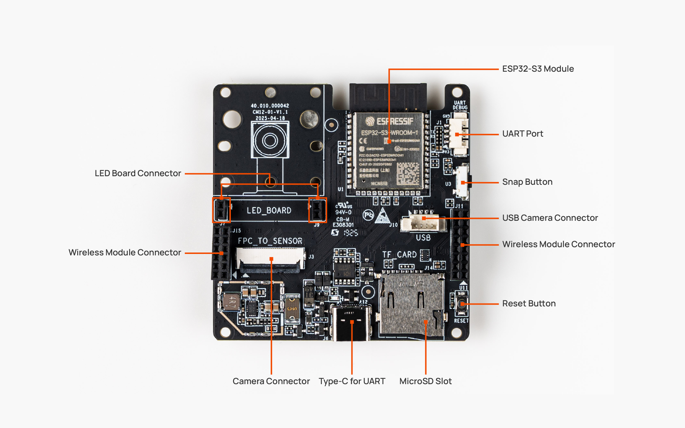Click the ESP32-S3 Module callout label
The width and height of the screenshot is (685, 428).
(538, 69)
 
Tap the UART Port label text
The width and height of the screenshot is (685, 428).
(522, 134)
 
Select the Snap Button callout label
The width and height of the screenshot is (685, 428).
(527, 182)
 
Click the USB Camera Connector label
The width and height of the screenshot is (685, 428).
(550, 218)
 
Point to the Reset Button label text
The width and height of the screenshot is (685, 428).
(529, 304)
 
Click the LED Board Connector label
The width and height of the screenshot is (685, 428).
(138, 173)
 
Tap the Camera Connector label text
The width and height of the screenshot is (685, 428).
(271, 381)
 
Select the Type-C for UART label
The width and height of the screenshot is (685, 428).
(352, 381)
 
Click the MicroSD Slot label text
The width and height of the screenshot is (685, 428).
(425, 381)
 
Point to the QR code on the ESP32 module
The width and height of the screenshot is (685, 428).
(408, 174)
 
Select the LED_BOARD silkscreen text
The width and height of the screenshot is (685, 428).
(269, 210)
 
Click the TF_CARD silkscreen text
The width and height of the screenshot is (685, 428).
(399, 255)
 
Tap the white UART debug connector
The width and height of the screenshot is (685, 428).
(460, 134)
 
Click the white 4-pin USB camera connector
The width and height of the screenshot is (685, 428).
(423, 223)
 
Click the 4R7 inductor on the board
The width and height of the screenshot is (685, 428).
(231, 302)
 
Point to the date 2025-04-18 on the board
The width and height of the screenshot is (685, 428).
(270, 118)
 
